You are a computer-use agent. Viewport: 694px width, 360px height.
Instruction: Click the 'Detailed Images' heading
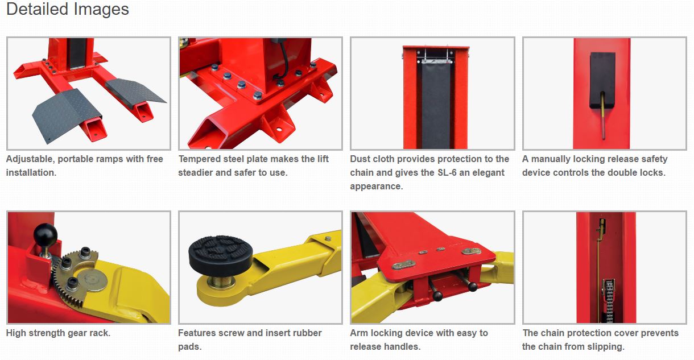(68, 9)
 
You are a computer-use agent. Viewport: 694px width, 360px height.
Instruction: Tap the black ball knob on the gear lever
(46, 235)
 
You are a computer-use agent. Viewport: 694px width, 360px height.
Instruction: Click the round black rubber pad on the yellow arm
(220, 255)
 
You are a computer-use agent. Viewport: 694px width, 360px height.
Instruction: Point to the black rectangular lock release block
(602, 80)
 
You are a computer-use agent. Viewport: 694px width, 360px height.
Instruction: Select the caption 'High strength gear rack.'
(58, 333)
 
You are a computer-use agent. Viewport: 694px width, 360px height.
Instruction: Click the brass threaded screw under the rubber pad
(220, 282)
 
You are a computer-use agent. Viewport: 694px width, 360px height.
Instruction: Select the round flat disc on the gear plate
(92, 280)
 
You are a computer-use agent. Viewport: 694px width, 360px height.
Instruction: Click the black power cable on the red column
(283, 62)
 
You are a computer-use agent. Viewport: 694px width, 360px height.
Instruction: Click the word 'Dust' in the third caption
(360, 159)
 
